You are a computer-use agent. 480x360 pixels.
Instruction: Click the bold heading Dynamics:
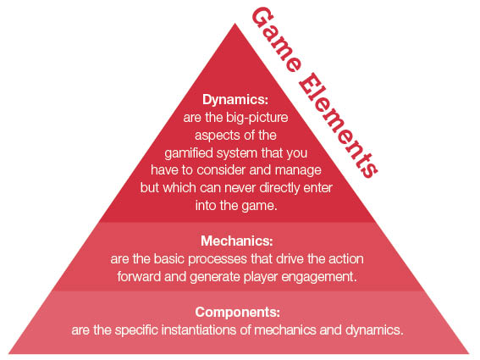235,100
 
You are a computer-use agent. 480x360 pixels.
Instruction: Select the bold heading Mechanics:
237,241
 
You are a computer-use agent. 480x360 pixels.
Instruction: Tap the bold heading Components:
238,313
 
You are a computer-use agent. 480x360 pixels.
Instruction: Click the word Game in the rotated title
276,40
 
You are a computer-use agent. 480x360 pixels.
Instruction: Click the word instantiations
203,330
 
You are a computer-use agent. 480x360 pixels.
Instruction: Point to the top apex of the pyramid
235,23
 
